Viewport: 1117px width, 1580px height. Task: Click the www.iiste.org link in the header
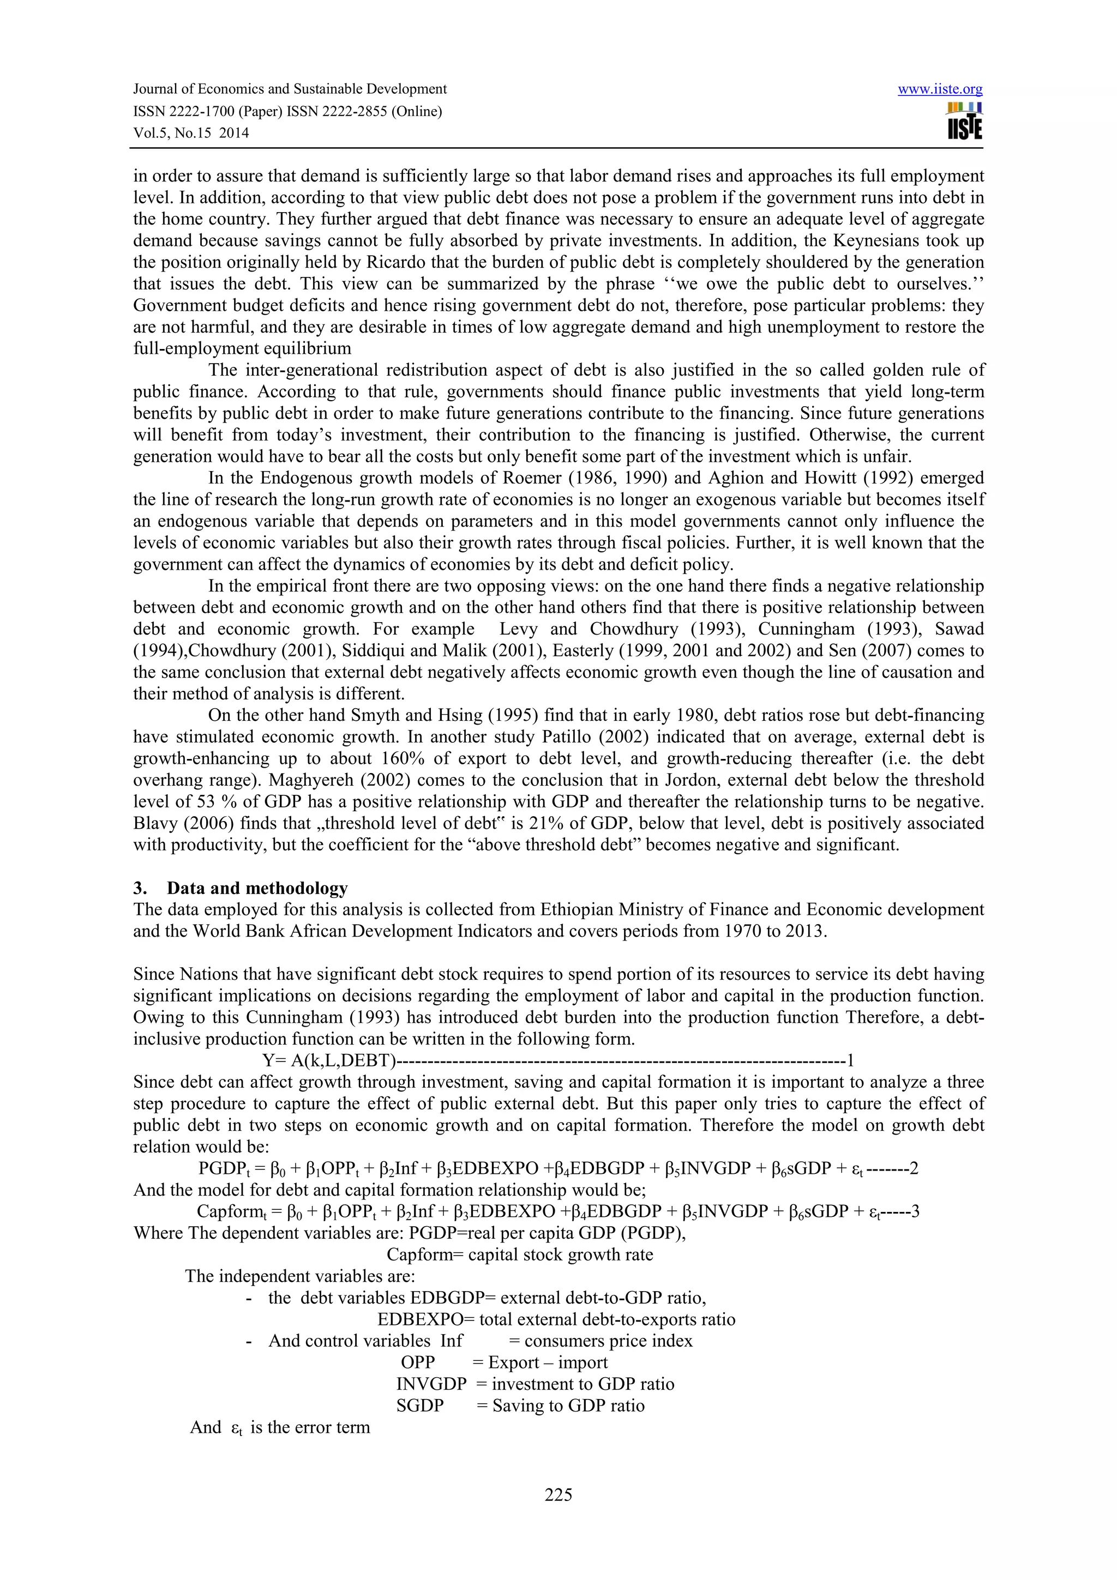[940, 89]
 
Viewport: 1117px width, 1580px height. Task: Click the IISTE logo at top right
[964, 121]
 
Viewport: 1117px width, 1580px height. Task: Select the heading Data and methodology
[257, 888]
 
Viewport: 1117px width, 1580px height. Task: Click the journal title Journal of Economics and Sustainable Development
[290, 89]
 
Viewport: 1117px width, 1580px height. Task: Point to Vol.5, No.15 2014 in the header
[191, 133]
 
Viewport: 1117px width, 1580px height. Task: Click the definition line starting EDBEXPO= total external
[556, 1319]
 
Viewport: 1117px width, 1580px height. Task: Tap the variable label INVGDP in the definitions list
[431, 1384]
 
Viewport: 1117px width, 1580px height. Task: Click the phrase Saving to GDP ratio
[568, 1405]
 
